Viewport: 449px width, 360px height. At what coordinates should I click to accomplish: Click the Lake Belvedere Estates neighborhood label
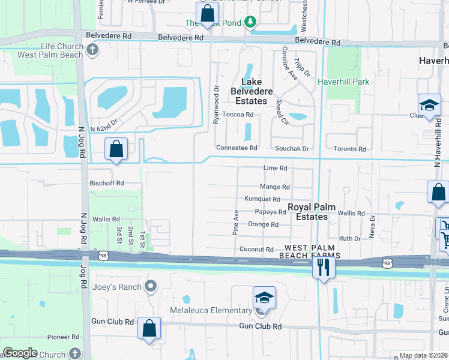point(257,91)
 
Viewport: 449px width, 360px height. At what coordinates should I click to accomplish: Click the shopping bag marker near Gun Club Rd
point(149,328)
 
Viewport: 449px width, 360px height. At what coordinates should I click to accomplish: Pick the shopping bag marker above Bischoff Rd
point(115,149)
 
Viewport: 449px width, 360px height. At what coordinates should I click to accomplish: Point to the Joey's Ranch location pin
point(151,287)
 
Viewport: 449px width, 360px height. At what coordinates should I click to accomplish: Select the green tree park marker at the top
point(250,23)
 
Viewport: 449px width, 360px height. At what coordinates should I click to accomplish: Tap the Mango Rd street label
point(275,187)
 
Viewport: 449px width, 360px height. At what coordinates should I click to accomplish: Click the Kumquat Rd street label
point(262,199)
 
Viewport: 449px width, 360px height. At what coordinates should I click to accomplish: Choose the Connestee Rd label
point(237,148)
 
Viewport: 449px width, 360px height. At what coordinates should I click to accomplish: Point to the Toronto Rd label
point(350,149)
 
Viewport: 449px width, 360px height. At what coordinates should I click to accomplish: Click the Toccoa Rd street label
point(238,114)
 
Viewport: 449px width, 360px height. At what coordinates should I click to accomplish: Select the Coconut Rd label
point(256,250)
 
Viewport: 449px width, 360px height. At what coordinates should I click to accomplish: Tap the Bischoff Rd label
point(107,183)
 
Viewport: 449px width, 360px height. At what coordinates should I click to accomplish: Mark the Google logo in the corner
point(19,353)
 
